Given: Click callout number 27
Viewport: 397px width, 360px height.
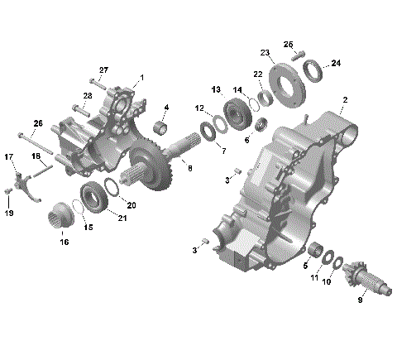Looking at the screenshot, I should (104, 69).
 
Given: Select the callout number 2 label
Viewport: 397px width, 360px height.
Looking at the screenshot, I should (344, 99).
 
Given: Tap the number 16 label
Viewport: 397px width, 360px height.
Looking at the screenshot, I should (64, 242).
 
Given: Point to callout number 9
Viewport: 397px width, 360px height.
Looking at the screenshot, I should (360, 300).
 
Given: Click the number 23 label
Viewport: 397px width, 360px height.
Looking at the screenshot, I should (265, 53).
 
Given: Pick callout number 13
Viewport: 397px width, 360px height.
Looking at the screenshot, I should (216, 89).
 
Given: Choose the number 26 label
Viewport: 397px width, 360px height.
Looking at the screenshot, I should (36, 123).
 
